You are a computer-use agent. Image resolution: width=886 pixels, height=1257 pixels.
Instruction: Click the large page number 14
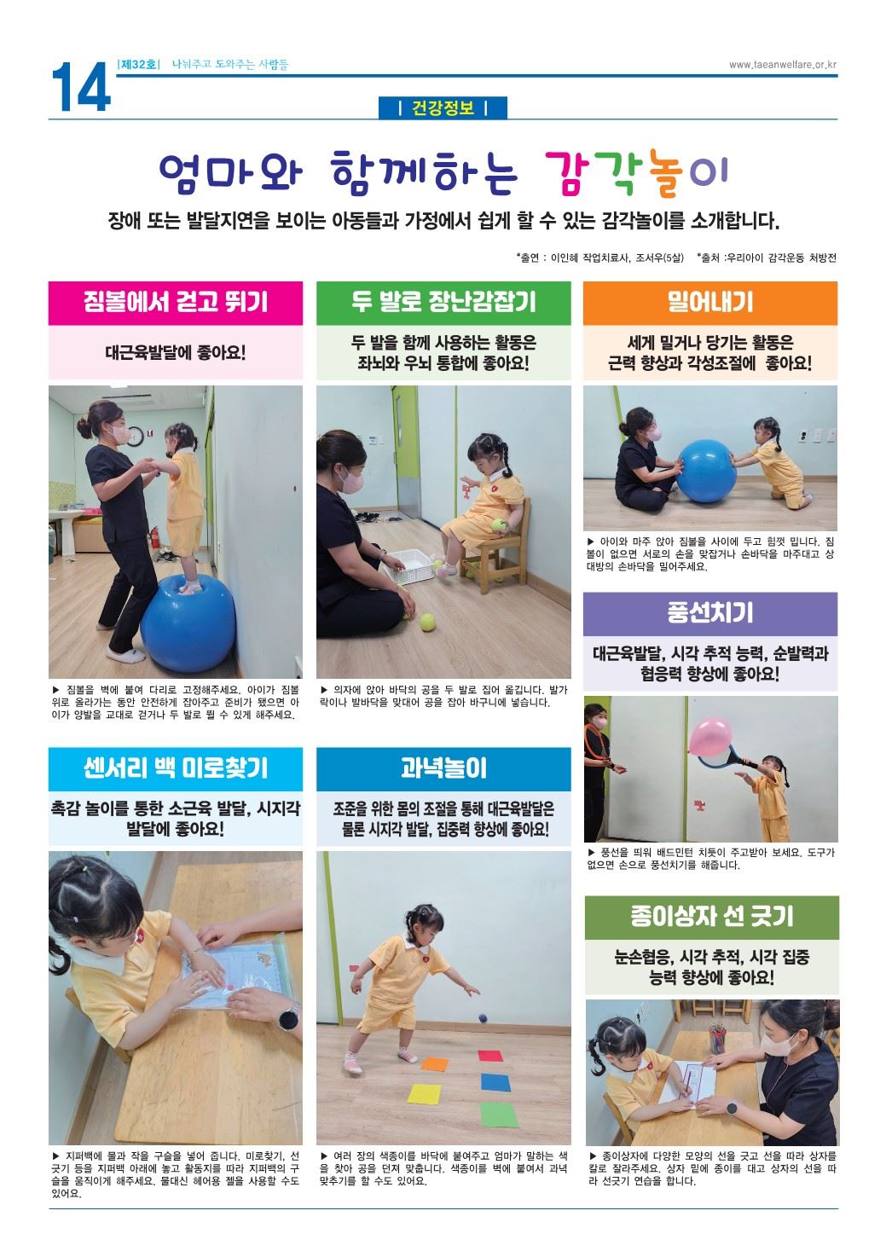click(x=81, y=87)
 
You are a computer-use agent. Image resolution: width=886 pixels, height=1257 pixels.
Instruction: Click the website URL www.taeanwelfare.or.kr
click(x=782, y=65)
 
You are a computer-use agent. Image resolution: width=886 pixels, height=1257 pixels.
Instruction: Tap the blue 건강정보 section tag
click(x=443, y=107)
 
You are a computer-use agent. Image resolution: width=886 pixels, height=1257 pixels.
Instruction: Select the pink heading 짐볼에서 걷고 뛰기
click(x=175, y=303)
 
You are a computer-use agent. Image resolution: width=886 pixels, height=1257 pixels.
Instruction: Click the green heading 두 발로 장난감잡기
click(x=443, y=303)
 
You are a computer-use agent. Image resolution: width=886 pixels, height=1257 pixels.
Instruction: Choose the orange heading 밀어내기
click(x=709, y=303)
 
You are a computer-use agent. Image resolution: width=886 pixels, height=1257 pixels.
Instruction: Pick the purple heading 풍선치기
click(x=709, y=613)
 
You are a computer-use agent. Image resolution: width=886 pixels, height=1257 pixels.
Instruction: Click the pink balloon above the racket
click(x=710, y=737)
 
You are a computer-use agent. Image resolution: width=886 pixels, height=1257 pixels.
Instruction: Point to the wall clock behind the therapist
click(x=136, y=436)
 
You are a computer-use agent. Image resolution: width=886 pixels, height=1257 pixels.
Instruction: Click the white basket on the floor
click(x=410, y=565)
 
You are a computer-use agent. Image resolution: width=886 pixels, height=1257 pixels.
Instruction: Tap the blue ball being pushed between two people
click(x=706, y=470)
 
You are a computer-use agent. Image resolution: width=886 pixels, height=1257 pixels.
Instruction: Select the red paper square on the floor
click(x=490, y=1056)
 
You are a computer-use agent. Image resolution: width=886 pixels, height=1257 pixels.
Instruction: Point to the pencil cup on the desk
click(x=718, y=1039)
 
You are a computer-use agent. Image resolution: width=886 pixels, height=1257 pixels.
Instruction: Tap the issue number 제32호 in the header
click(x=139, y=65)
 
